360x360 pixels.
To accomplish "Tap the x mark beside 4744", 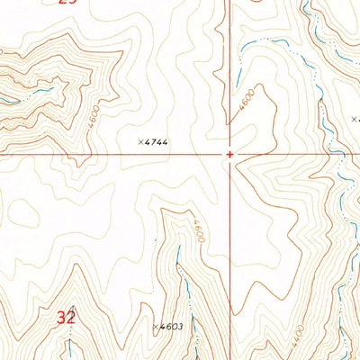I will click(x=141, y=141).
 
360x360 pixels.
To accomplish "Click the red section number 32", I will click(x=66, y=317).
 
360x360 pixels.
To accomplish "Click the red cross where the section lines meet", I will click(x=230, y=154).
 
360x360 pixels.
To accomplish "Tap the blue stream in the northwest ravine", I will click(x=40, y=91).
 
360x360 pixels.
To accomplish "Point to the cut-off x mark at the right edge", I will click(x=355, y=118).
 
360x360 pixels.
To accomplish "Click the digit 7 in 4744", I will click(x=153, y=142).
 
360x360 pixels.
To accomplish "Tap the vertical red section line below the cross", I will click(x=231, y=252).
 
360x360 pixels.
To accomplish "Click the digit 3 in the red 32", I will click(x=61, y=317).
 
